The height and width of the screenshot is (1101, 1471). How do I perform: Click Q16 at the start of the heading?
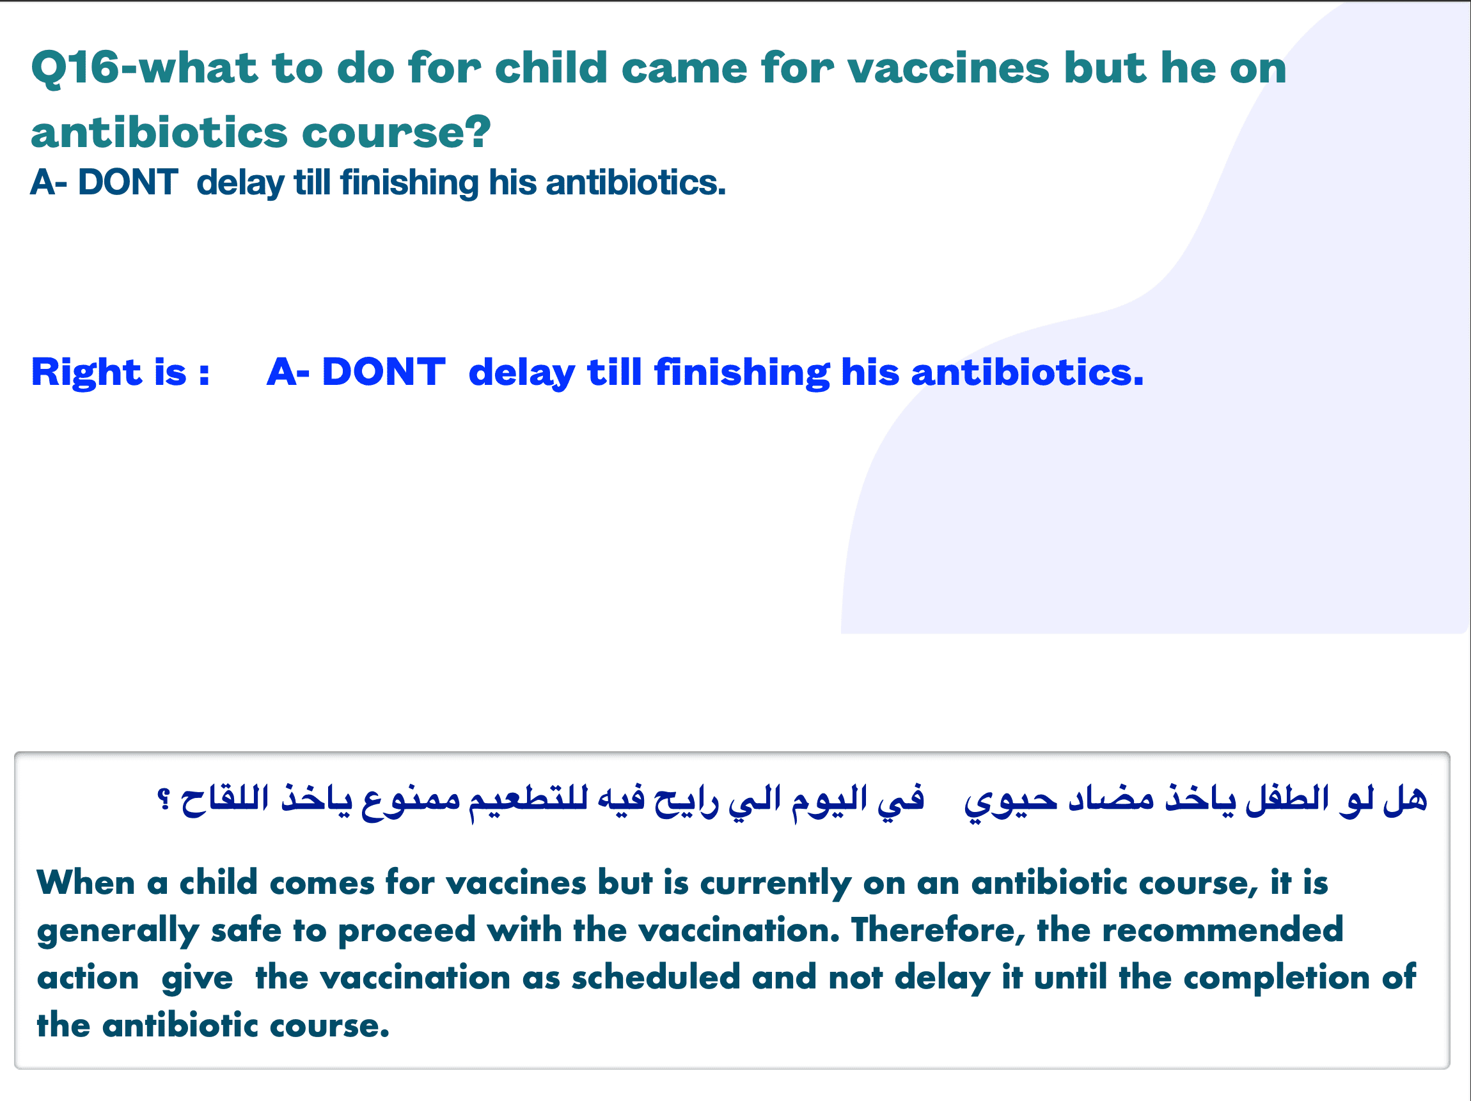(75, 68)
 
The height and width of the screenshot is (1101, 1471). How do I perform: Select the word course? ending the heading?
(397, 132)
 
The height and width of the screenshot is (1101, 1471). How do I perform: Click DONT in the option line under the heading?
(128, 182)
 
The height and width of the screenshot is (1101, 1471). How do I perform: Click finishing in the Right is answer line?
(741, 373)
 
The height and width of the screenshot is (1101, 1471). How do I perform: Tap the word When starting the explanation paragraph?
(86, 884)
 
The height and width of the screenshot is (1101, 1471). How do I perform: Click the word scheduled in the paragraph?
(656, 978)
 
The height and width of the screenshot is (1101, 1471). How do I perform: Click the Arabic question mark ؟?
(164, 799)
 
